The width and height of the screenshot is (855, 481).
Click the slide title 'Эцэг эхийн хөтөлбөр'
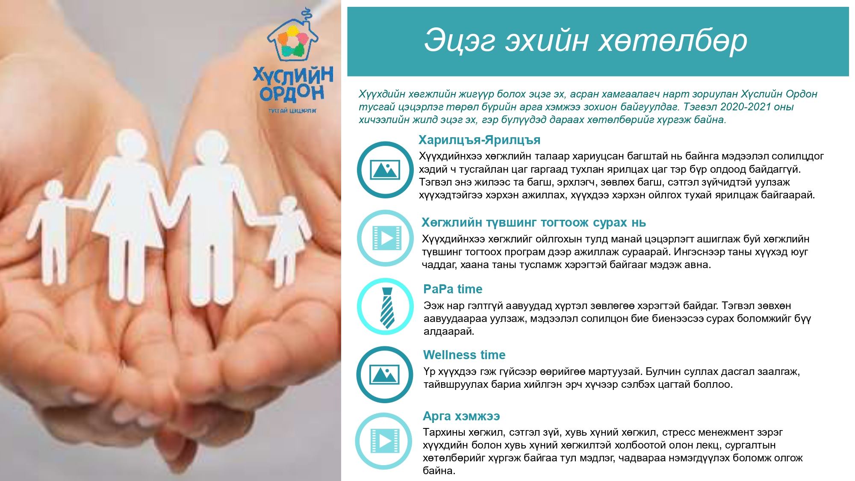point(585,41)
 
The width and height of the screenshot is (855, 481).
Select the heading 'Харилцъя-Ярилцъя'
point(479,140)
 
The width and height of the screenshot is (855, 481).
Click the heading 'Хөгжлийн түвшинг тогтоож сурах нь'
point(534,223)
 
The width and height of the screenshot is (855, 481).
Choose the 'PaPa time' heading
point(453,289)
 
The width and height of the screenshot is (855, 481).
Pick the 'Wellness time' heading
point(464,355)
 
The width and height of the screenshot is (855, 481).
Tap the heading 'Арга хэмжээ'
point(461,416)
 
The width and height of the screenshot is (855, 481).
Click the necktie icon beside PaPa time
point(386,307)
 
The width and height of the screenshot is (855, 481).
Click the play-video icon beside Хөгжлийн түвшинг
point(386,238)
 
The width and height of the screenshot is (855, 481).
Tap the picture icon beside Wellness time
point(385,375)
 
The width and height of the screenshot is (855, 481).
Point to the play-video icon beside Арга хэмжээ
point(386,441)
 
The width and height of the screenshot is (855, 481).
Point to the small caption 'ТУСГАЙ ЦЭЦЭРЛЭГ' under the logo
point(292,110)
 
